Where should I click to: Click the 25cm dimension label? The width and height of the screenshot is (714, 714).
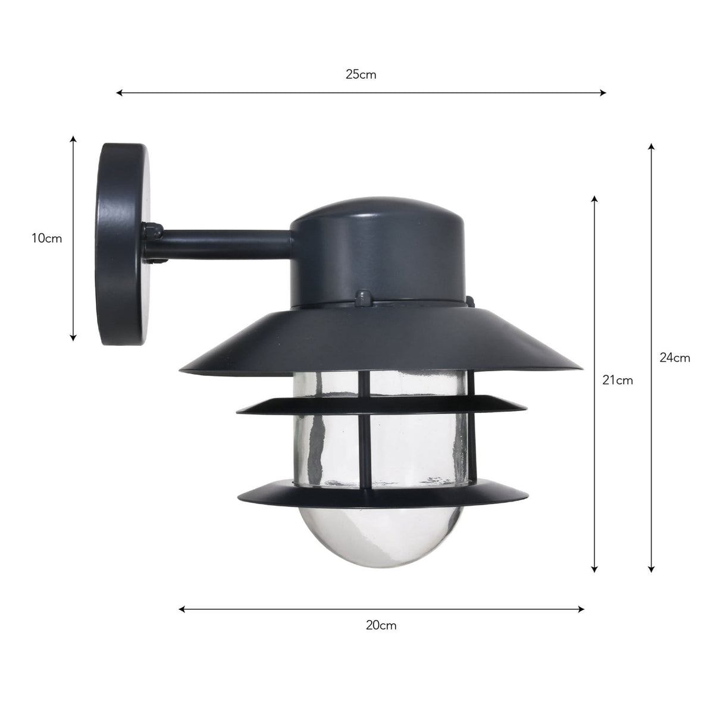361,75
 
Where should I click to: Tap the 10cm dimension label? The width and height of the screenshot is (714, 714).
47,239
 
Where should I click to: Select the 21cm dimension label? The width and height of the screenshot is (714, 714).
617,380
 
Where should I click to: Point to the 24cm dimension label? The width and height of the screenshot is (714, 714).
675,358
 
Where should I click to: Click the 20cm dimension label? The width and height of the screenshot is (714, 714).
381,625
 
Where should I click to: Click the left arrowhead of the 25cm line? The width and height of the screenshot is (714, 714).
120,93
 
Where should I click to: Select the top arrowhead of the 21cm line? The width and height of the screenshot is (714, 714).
594,199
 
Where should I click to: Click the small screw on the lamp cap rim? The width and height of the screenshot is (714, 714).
362,295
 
